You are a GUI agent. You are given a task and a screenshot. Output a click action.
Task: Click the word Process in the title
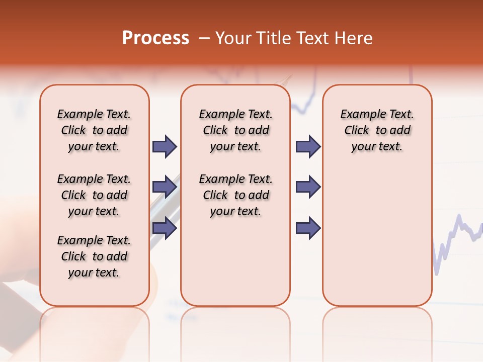point(155,38)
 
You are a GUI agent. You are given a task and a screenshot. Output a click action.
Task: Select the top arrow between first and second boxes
point(164,147)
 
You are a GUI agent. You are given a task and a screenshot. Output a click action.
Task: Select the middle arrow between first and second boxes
point(164,188)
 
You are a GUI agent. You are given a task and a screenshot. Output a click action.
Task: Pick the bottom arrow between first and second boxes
point(164,228)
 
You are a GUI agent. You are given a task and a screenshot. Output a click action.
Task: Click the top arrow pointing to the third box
point(308,147)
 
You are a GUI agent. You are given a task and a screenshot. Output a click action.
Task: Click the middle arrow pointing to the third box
point(308,188)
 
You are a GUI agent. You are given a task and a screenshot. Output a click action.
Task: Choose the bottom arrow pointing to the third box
point(308,228)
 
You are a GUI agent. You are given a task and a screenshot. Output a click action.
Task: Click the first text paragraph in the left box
point(94,130)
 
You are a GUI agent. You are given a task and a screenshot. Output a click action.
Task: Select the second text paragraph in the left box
point(94,195)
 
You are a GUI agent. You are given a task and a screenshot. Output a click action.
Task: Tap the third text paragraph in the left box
point(94,256)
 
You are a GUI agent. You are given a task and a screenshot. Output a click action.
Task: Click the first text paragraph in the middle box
point(235,130)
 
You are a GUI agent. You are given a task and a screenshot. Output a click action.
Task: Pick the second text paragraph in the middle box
point(235,195)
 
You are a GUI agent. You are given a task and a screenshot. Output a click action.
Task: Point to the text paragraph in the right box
point(377,130)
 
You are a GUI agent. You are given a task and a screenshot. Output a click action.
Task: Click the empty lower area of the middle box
point(235,261)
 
